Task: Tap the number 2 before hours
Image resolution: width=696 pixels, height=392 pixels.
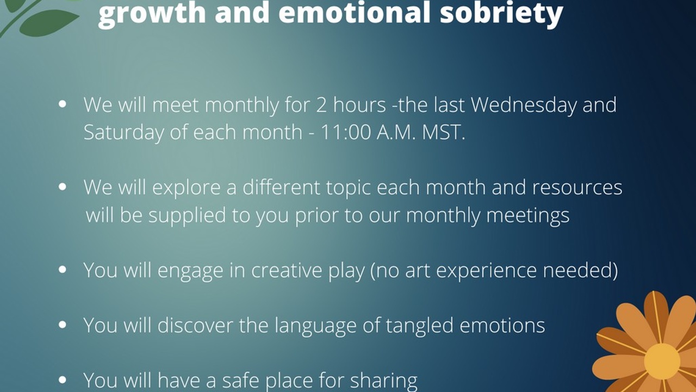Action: pyautogui.click(x=321, y=105)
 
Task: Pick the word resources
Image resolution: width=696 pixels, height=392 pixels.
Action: pyautogui.click(x=577, y=188)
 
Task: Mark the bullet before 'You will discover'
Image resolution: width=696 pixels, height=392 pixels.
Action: pyautogui.click(x=63, y=326)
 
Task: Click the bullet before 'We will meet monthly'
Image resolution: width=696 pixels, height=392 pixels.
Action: pyautogui.click(x=63, y=103)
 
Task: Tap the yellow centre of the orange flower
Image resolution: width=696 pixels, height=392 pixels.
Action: pyautogui.click(x=662, y=361)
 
